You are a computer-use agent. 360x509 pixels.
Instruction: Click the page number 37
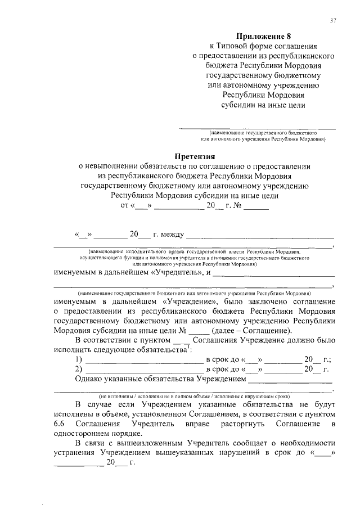[333, 21]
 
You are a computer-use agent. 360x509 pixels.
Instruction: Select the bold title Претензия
[195, 156]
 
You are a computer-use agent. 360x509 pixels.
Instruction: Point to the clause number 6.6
[61, 422]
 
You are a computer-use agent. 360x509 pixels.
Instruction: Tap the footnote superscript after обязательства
[188, 346]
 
